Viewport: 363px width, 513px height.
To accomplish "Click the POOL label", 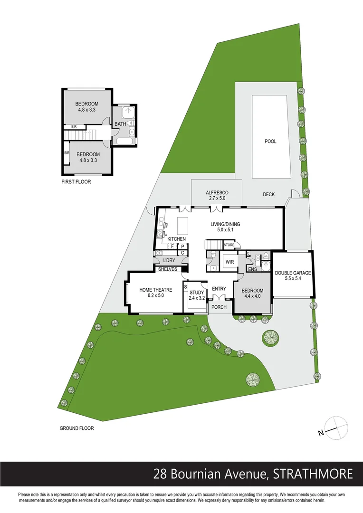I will coord(270,142).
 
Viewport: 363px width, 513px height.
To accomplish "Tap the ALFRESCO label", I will coord(218,192).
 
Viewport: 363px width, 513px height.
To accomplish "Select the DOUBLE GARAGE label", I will coord(293,273).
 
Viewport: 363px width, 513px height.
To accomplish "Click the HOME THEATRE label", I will coord(152,289).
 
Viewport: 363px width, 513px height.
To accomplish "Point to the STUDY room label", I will coord(196,292).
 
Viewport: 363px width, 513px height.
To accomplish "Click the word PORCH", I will coord(219,307).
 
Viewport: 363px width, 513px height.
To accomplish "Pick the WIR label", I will coord(229,262).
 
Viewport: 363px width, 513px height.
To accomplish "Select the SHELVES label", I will coord(168,269).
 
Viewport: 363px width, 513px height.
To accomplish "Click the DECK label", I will coord(269,195).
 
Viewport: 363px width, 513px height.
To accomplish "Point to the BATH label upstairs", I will coord(120,124).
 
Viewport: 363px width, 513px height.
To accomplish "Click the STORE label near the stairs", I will coord(229,245).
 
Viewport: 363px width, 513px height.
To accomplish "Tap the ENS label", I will coord(252,269).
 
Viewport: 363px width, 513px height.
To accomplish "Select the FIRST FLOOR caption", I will coord(76,182).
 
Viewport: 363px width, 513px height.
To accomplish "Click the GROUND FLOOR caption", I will coord(76,428).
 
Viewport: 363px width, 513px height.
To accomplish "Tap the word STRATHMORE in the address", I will coord(313,474).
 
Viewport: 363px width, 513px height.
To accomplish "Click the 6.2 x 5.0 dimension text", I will coord(152,295).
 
